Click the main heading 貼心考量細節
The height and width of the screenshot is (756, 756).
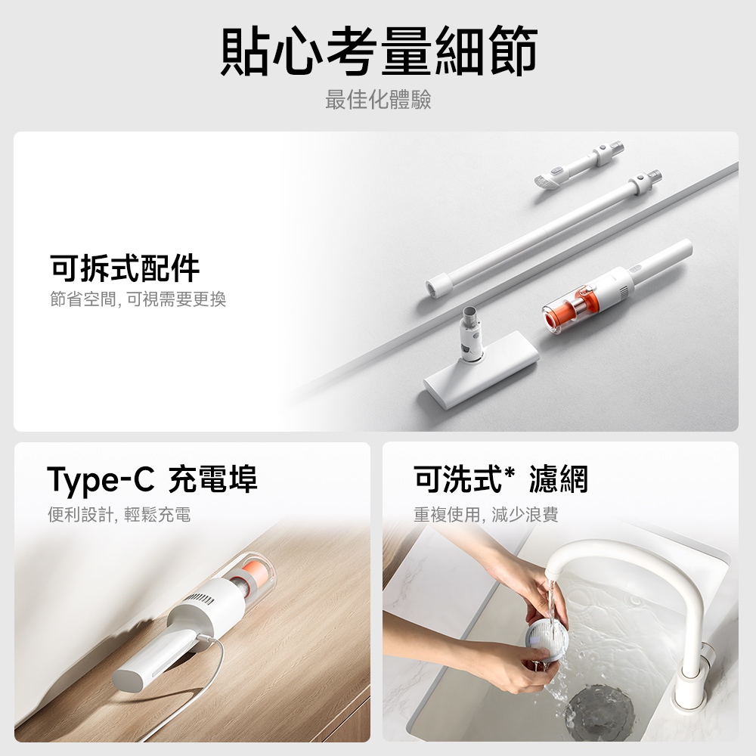[x=379, y=51]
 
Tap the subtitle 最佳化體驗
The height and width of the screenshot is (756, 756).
[x=378, y=100]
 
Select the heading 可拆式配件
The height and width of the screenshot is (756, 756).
[x=125, y=268]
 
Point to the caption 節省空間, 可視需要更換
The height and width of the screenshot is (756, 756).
[x=138, y=299]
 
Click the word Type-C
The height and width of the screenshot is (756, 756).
[x=101, y=479]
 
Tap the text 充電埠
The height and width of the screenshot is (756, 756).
[x=212, y=479]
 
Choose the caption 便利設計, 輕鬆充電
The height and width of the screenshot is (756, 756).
[x=119, y=514]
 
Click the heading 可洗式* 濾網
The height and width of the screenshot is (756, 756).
[x=500, y=479]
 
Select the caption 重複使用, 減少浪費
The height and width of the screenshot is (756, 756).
[x=486, y=514]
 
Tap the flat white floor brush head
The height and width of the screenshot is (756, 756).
[x=481, y=368]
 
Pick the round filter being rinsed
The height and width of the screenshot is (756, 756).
[x=546, y=641]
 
